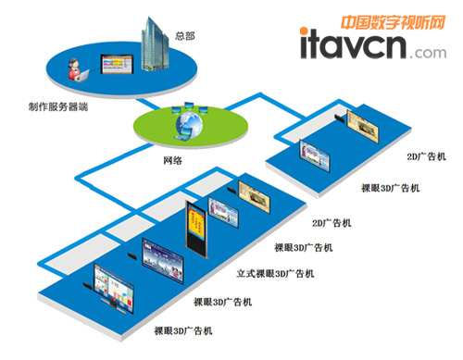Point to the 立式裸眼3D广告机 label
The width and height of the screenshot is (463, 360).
(x=276, y=274)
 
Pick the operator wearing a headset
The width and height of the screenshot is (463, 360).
(x=71, y=66)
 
